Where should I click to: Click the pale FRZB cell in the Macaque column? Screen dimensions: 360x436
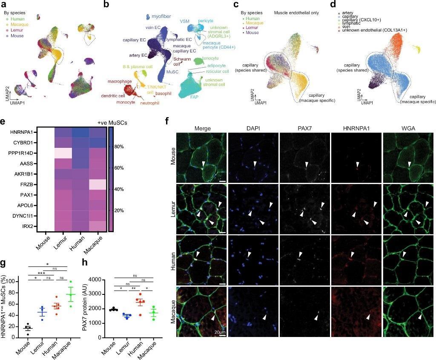click(x=99, y=184)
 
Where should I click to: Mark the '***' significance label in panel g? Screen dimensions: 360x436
click(x=42, y=274)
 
